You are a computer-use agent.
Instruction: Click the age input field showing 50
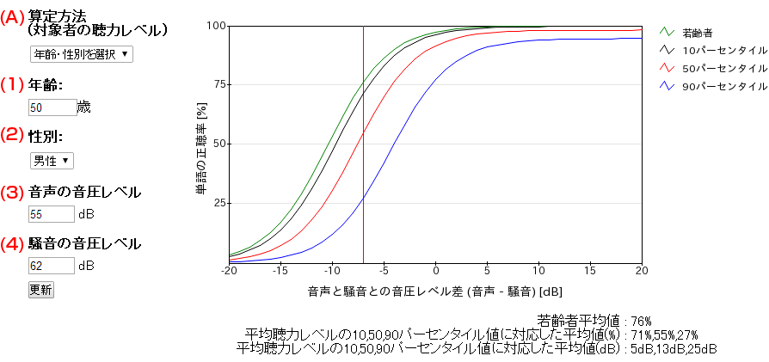coord(52,108)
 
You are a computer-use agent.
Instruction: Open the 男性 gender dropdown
coord(52,161)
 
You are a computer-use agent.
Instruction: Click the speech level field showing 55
coord(52,213)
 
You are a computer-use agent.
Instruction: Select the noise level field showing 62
coord(52,266)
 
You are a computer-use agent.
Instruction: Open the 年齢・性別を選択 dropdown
coord(81,54)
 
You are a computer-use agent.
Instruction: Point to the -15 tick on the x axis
coord(280,271)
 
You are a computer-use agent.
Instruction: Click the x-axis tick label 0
coord(435,271)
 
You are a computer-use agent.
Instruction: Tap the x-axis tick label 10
coord(538,271)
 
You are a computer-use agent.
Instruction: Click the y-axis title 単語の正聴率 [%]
coord(200,144)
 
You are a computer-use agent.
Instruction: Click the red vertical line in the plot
coord(363,172)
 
